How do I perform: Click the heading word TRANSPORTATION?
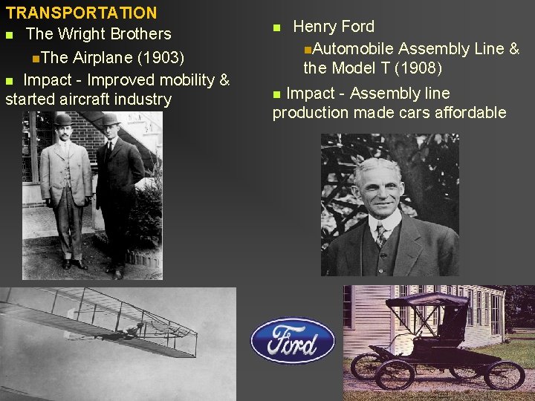click(81, 13)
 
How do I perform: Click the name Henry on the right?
click(315, 27)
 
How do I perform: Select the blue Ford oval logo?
click(293, 341)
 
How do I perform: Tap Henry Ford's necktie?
click(381, 235)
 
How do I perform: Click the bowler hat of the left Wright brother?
click(62, 119)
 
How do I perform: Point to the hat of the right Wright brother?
click(110, 120)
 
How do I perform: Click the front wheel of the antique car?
click(395, 373)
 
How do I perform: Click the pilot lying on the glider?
click(134, 330)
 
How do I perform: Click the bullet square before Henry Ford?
click(277, 28)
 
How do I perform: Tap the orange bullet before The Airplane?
click(36, 58)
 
